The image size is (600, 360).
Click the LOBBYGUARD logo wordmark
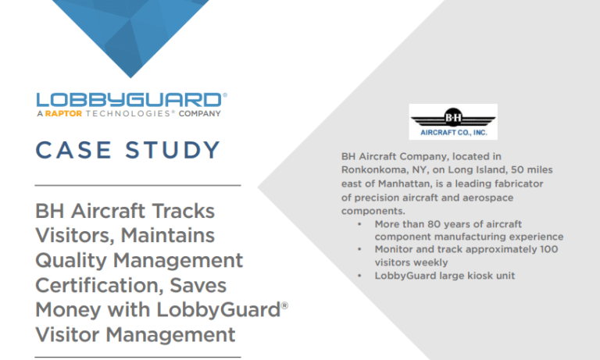pos(130,100)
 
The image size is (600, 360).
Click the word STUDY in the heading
pos(173,149)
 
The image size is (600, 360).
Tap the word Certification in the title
pos(88,285)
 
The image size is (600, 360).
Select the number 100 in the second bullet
pos(551,249)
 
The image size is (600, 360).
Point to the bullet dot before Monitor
pos(359,249)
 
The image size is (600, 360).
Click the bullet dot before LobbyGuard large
pos(359,276)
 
